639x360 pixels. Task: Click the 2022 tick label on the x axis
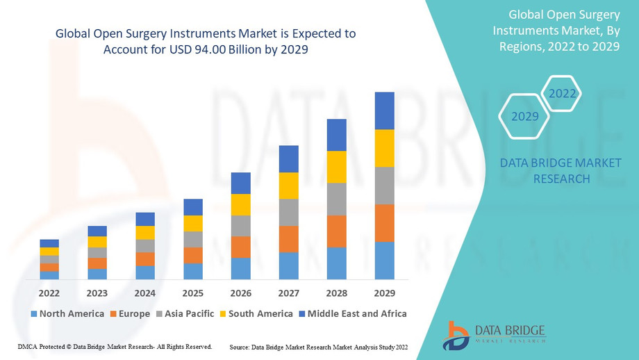49,293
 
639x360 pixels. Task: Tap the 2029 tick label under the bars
384,293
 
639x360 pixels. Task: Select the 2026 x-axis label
240,293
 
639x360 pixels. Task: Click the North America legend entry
67,313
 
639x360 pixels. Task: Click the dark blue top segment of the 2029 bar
384,111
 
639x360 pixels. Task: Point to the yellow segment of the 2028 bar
336,167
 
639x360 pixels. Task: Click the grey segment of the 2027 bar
288,213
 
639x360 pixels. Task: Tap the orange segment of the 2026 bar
240,247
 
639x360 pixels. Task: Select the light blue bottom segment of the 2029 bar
384,261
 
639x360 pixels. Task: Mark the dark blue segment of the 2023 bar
97,231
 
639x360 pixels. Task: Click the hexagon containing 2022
561,94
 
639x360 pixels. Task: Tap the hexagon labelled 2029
525,116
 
